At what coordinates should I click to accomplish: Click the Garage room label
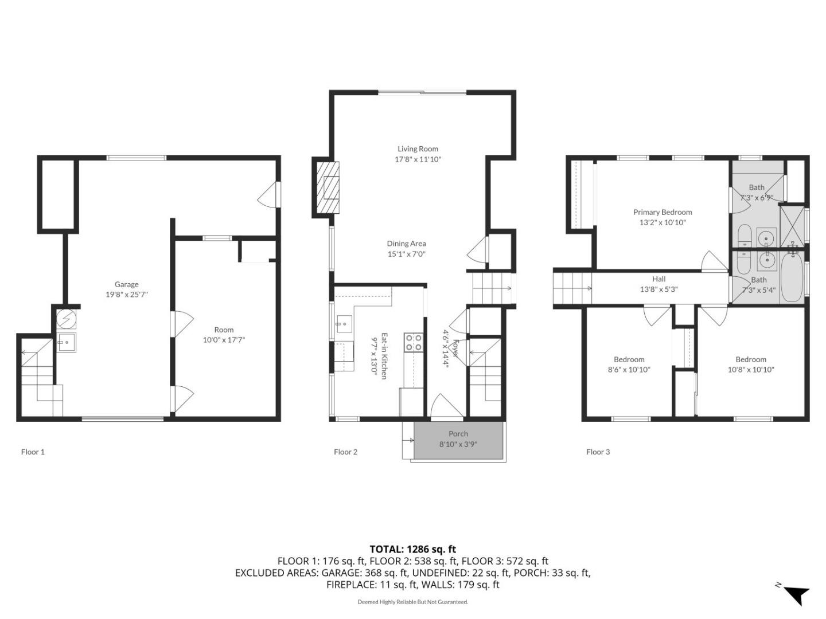click(126, 284)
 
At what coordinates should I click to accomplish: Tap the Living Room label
click(418, 149)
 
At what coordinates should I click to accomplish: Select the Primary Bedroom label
click(663, 212)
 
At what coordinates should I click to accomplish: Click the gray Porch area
click(458, 440)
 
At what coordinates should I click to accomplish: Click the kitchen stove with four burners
click(414, 342)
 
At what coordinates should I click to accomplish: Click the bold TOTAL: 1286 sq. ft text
click(412, 549)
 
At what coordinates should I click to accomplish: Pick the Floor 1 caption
click(33, 452)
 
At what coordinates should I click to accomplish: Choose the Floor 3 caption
click(598, 452)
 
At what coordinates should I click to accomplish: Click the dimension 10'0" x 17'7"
click(224, 340)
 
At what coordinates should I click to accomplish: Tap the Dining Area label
click(406, 244)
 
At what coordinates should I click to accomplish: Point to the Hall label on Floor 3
click(659, 279)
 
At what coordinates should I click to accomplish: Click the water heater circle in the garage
click(66, 316)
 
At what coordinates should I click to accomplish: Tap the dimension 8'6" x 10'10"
click(629, 370)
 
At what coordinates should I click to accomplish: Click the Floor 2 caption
click(345, 452)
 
